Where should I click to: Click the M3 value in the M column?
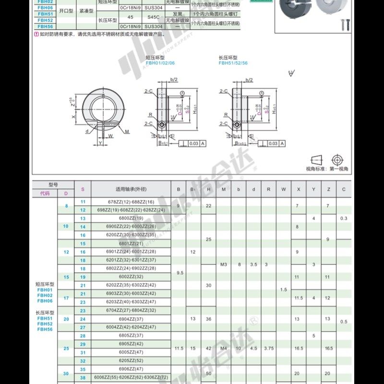[x=223, y=264]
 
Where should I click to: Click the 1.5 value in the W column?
[x=284, y=289]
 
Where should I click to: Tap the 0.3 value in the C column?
[x=344, y=218]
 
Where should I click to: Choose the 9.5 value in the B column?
[x=179, y=273]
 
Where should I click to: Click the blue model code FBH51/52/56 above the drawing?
[x=233, y=62]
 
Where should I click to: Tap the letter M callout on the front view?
[x=127, y=131]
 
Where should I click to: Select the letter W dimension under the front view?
[x=110, y=135]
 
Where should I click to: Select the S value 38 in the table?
[x=83, y=378]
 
